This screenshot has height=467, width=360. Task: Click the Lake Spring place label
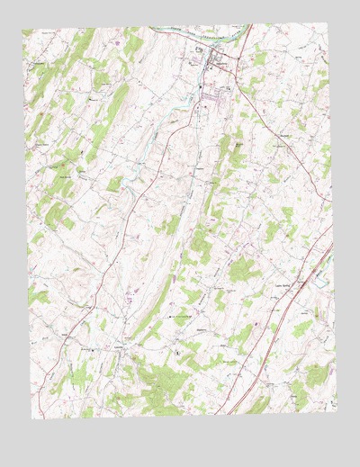click(x=283, y=287)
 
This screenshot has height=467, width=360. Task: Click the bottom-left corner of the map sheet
click(x=35, y=418)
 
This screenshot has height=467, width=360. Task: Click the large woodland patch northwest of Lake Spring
click(x=241, y=268)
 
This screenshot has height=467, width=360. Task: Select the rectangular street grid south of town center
click(x=216, y=94)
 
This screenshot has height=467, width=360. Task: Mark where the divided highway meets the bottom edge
click(x=230, y=414)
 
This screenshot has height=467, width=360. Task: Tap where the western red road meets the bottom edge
click(x=59, y=418)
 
